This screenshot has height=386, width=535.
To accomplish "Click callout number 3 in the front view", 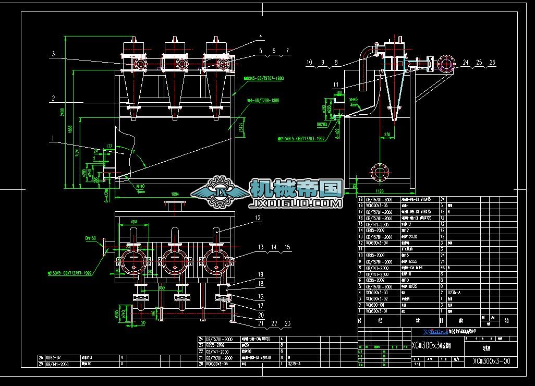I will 53,53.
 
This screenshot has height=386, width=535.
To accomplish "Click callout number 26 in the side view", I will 492,62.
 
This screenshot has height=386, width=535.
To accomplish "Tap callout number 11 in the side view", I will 335,84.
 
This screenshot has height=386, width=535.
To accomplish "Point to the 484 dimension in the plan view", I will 133,222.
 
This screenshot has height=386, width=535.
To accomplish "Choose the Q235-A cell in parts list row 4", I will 457,293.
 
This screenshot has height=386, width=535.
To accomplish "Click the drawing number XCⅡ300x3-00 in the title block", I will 491,360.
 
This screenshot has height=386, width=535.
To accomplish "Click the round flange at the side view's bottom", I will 380,172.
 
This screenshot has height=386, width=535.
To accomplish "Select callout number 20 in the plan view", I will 260,315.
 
